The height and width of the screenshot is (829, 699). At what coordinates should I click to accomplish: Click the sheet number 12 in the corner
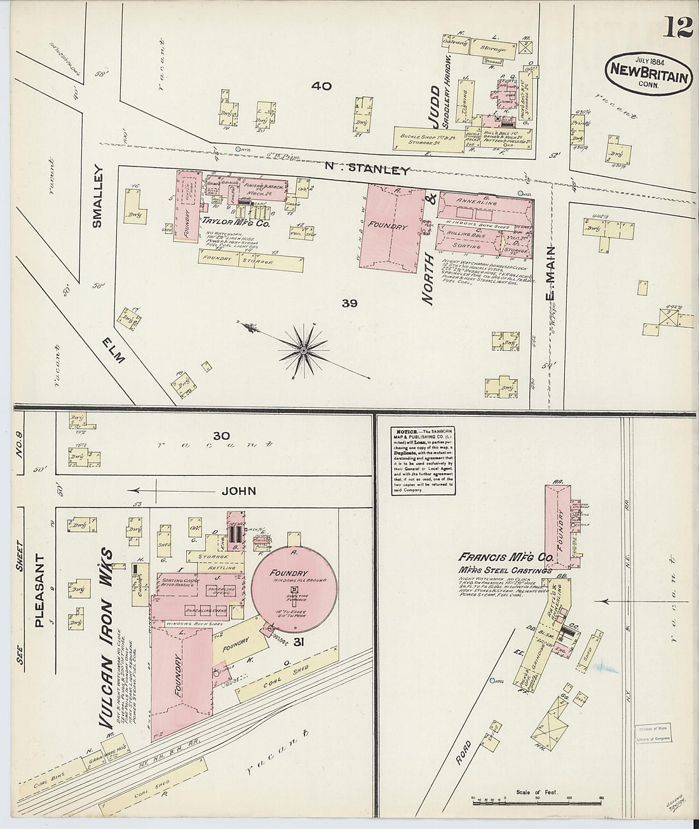tap(679, 29)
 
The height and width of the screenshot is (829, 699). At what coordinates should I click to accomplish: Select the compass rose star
tap(304, 350)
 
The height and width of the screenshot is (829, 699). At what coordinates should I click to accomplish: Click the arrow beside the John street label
tap(148, 490)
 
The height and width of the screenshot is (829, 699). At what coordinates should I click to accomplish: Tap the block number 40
tap(322, 86)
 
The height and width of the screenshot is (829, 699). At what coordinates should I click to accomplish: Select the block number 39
tap(349, 303)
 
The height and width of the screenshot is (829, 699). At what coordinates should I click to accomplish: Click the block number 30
tap(221, 436)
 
